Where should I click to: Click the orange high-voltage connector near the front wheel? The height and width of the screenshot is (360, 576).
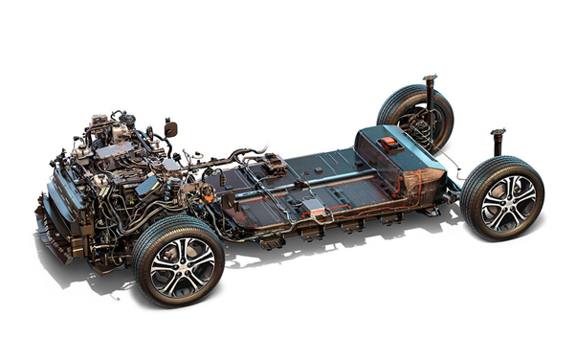click(x=206, y=191)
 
